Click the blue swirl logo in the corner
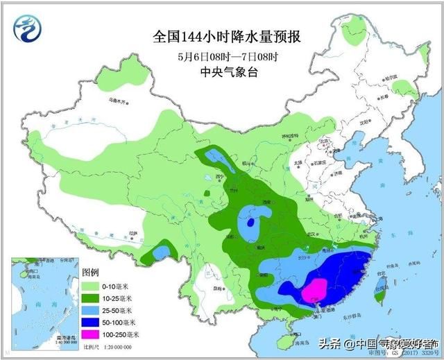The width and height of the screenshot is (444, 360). point(26,28)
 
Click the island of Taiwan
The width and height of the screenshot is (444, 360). point(378,295)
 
